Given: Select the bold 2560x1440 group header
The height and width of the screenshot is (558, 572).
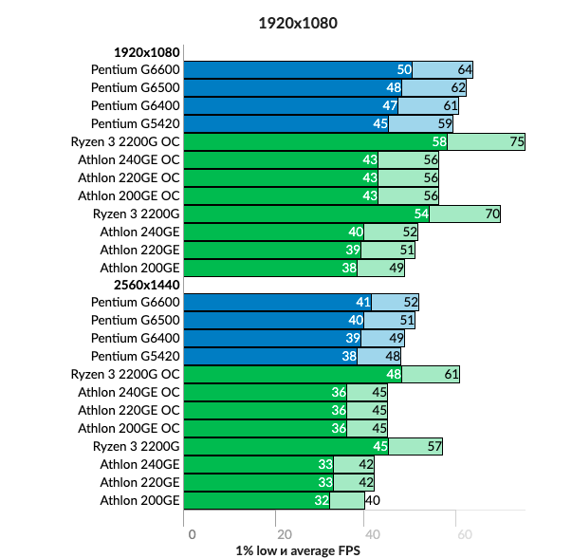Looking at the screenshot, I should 146,285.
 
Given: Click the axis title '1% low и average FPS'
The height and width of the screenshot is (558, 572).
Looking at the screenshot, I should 298,549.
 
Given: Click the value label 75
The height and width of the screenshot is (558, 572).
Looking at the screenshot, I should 517,141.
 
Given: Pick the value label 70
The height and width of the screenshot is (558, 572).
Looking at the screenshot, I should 492,214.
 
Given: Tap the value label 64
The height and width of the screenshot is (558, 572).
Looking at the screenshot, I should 465,69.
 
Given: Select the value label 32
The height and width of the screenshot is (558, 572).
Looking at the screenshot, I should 323,500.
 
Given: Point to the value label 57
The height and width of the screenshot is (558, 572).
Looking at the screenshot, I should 434,446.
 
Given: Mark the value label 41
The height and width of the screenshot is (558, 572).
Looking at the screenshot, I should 363,302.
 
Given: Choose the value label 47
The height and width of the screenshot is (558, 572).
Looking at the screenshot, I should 390,105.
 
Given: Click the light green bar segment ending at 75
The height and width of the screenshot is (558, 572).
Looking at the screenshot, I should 486,141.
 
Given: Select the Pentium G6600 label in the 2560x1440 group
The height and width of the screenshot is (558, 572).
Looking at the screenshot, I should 135,302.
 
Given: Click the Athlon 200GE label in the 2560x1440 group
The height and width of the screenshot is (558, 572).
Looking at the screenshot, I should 139,500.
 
